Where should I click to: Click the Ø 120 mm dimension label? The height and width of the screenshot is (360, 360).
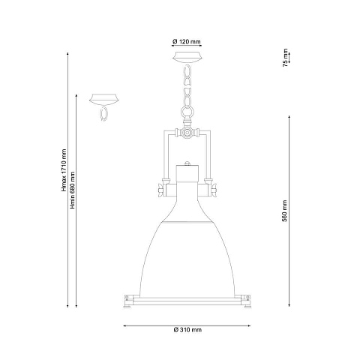pyautogui.click(x=187, y=42)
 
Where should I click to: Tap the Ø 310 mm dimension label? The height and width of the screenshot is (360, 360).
pyautogui.click(x=187, y=330)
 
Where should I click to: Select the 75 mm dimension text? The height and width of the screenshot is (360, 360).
pyautogui.click(x=285, y=58)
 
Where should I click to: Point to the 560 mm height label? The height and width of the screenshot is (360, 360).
pyautogui.click(x=284, y=211)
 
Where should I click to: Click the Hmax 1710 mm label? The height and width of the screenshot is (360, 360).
pyautogui.click(x=64, y=170)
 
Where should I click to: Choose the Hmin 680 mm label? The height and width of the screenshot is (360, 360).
pyautogui.click(x=73, y=190)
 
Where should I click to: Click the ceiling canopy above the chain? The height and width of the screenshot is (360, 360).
pyautogui.click(x=187, y=56)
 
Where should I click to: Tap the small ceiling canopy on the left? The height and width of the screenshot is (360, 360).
pyautogui.click(x=104, y=98)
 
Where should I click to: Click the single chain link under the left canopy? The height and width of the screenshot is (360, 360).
pyautogui.click(x=103, y=114)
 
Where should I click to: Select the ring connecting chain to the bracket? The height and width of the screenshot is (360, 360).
pyautogui.click(x=187, y=112)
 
